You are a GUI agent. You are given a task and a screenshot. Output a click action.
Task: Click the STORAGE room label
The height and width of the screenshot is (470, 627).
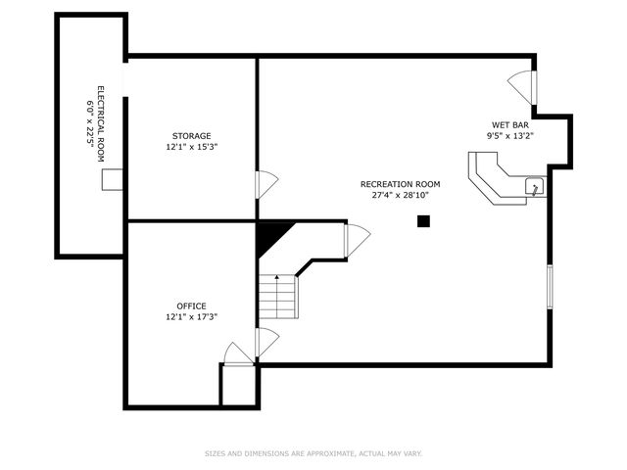pos(192,136)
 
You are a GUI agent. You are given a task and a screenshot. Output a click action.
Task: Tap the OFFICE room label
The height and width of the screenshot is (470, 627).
pos(192,305)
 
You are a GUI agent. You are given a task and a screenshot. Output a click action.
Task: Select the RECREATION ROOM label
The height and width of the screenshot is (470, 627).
pos(400,184)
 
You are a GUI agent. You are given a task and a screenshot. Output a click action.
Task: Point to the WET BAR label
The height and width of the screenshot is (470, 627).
pos(511,124)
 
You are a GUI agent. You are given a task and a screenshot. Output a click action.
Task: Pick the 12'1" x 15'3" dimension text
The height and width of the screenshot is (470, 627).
pos(192,148)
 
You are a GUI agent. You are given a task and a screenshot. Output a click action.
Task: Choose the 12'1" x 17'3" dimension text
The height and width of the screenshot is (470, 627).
pos(192,317)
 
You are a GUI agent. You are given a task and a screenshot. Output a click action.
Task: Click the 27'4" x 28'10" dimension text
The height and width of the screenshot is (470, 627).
pos(400,195)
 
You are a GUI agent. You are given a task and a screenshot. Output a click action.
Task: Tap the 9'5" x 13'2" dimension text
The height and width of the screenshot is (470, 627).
pos(511,136)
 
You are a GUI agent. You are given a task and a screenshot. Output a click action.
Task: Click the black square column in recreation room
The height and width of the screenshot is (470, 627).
pos(423,221)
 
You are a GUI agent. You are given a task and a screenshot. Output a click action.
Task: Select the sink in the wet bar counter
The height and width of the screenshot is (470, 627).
pos(534,186)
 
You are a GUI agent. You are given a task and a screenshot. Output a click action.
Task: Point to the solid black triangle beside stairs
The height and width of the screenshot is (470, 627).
pos(271,235)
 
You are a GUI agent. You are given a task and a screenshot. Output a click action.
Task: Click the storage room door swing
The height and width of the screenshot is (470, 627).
pos(266,183)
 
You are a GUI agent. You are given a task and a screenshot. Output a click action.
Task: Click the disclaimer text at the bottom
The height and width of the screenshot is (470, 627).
pos(313,453)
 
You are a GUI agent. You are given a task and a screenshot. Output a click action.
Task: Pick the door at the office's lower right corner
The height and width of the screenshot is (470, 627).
pos(239,353)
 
